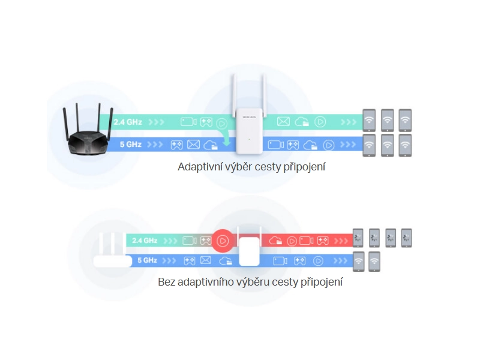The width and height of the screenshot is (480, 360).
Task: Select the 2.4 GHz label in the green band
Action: coord(127,122)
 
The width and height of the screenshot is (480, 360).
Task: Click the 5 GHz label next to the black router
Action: coord(130,145)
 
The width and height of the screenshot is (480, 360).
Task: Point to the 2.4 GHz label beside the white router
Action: coord(145,241)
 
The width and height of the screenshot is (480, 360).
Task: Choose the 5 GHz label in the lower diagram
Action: coord(147,260)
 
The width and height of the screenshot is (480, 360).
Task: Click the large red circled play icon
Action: coord(222,241)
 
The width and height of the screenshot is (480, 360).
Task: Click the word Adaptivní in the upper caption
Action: coord(200,167)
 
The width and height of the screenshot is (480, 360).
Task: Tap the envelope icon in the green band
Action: coord(283,122)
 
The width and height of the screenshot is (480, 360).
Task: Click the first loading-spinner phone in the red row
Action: coord(358,238)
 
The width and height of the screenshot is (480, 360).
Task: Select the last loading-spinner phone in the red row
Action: coord(407,238)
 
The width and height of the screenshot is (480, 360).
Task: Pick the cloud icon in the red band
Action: coord(276,241)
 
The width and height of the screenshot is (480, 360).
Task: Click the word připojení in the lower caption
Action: coord(322,281)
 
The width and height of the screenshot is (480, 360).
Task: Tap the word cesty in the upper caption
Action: coord(272,167)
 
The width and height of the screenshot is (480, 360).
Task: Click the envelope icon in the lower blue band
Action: coord(206,260)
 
